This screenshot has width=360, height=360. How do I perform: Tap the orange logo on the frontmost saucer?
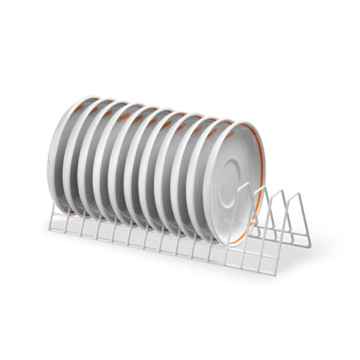coord(227,135)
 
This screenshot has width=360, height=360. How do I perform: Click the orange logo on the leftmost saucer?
coord(77,107)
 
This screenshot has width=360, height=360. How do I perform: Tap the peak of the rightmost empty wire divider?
coord(297,194)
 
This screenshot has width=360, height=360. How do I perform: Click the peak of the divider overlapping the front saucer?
coord(245,184)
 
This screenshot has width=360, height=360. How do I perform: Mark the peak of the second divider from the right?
coord(280,191)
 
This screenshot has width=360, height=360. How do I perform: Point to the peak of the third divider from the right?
coord(263,187)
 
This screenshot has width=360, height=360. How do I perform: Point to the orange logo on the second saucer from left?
coord(93,109)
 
